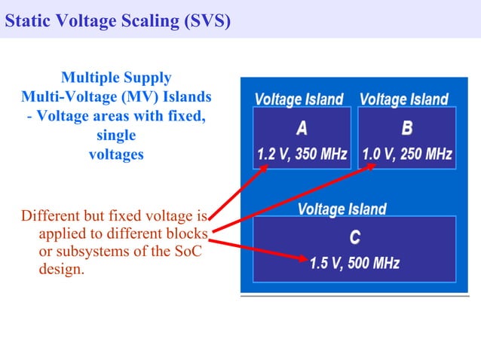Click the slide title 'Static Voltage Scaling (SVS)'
pos(117,20)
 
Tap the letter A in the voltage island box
pos(301,127)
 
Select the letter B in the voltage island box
pos(407,127)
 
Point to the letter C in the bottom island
pos(354,237)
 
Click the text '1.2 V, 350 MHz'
pos(302,154)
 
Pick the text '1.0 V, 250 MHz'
pos(407,154)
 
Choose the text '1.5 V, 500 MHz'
pos(354,264)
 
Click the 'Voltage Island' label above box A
pos(299,99)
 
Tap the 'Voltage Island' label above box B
pos(404,99)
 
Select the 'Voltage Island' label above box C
pos(342,209)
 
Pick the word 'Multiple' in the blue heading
pos(89,78)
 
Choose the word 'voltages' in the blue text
pos(116,154)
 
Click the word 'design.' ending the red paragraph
pos(61,269)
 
